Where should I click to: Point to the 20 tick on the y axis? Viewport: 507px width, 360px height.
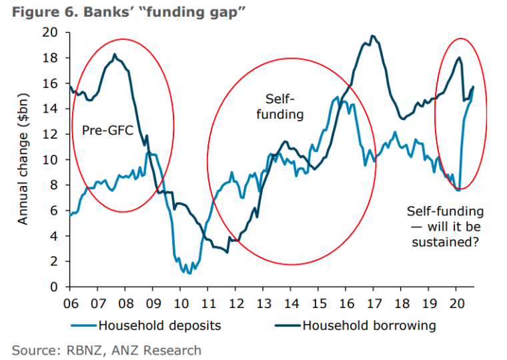pos(54,32)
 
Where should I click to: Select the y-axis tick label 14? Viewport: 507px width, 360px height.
pos(54,109)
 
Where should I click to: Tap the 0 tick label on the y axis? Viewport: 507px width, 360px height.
pos(57,287)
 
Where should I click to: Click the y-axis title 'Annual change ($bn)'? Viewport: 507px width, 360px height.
pos(23,159)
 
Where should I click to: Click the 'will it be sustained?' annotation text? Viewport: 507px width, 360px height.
pos(444,227)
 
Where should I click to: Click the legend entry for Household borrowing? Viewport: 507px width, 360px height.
pos(370,325)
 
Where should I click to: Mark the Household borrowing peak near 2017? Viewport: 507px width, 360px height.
pos(372,36)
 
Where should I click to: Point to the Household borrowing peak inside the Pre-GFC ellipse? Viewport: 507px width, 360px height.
pos(115,55)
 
